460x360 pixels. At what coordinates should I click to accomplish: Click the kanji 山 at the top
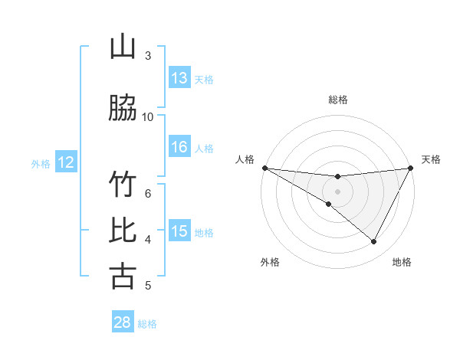(x=122, y=47)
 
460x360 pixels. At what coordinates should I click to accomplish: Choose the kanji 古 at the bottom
(x=122, y=276)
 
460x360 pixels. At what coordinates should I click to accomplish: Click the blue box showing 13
(x=179, y=78)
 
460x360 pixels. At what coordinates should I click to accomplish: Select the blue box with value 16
(x=179, y=147)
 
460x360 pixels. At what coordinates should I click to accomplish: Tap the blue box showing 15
(x=179, y=231)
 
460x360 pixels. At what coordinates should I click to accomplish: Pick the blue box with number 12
(x=66, y=162)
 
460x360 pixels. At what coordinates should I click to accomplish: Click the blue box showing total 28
(x=123, y=322)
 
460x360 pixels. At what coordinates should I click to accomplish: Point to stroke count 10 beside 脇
(x=148, y=117)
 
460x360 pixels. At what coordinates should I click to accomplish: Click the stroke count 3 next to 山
(x=148, y=56)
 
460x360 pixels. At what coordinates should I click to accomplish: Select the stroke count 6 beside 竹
(x=148, y=194)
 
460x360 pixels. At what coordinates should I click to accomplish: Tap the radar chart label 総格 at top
(x=337, y=100)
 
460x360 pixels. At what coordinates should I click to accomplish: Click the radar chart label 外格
(x=270, y=262)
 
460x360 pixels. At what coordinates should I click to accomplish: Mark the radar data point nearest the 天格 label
(x=410, y=168)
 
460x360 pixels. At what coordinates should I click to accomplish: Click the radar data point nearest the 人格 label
(x=264, y=168)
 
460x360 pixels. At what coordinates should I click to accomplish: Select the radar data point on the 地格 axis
(x=374, y=241)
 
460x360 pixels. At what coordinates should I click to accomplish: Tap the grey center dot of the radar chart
(x=337, y=191)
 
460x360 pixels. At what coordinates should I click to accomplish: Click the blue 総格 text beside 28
(x=147, y=324)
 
